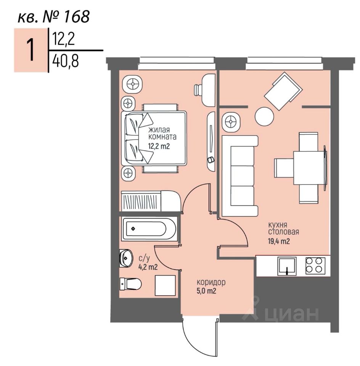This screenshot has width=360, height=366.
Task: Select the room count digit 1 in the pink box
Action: [x=31, y=50]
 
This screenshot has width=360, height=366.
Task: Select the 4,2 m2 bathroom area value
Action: [x=148, y=267]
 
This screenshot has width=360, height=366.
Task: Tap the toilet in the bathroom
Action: [x=130, y=284]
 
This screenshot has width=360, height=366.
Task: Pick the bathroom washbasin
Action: [x=125, y=258]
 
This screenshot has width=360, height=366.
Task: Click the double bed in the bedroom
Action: [x=154, y=138]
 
